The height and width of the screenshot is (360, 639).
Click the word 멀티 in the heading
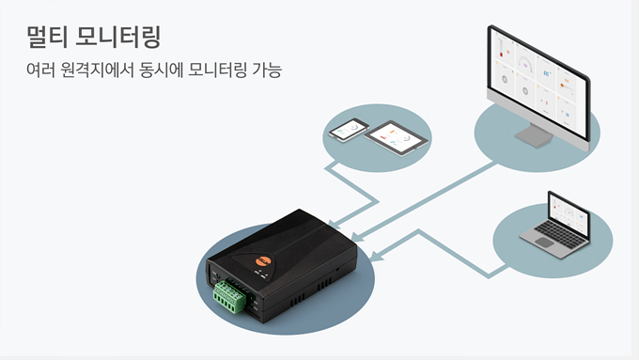click(x=46, y=37)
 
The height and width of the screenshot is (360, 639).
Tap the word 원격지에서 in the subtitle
click(x=97, y=70)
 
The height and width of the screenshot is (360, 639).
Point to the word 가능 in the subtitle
click(x=267, y=70)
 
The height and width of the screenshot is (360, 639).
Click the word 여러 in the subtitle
click(x=40, y=70)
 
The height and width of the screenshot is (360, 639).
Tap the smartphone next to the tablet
click(x=349, y=130)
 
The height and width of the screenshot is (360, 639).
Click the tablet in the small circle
click(x=397, y=138)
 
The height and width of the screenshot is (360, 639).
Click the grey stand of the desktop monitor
click(x=534, y=135)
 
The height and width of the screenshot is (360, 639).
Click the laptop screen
click(x=569, y=212)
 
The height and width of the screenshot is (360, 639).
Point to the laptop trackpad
click(x=544, y=243)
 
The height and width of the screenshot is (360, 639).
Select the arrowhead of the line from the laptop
click(x=375, y=256)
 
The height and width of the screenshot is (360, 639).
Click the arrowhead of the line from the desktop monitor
click(x=356, y=236)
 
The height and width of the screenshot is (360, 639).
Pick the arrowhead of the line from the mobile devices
click(x=335, y=224)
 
